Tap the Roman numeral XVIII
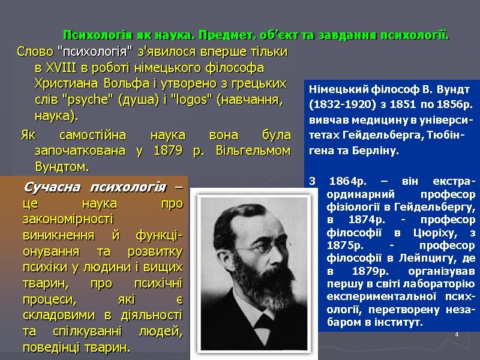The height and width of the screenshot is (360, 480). click(x=65, y=67)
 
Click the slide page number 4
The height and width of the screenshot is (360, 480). click(x=457, y=332)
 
